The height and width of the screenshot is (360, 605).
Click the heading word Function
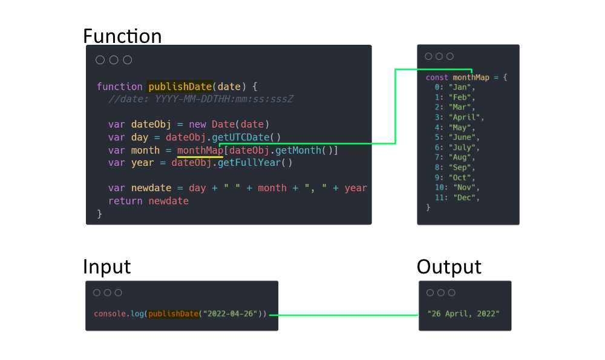click(x=122, y=36)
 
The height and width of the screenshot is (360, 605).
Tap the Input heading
click(x=107, y=267)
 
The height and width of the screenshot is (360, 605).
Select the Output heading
click(x=449, y=267)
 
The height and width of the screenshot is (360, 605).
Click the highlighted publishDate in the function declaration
click(x=180, y=87)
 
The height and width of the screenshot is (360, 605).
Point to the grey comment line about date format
click(x=201, y=99)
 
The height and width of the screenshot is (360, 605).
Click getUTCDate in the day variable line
click(x=240, y=137)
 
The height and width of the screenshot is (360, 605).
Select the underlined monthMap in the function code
click(x=200, y=150)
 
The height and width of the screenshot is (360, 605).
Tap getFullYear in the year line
click(x=249, y=162)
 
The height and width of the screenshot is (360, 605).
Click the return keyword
click(x=125, y=201)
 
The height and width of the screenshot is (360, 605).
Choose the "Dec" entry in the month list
click(x=464, y=198)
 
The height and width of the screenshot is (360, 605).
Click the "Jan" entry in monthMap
click(x=460, y=87)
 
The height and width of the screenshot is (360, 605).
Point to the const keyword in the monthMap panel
click(x=437, y=77)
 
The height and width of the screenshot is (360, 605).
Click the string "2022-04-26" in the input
click(x=231, y=313)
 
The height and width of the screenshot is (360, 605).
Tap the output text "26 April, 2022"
click(x=463, y=313)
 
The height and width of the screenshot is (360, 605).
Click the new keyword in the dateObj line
click(x=198, y=124)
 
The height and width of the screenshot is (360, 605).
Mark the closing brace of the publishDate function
click(x=100, y=214)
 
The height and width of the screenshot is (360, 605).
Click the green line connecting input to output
click(x=344, y=315)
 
